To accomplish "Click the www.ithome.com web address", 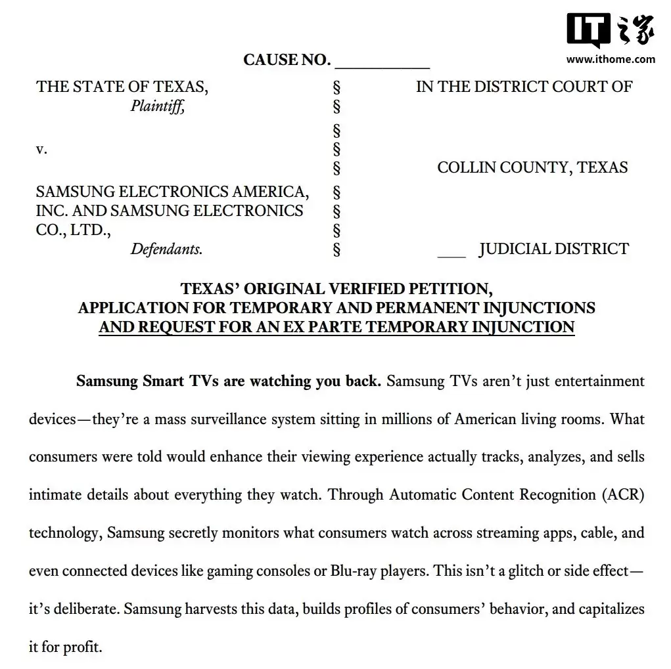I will pos(611,59).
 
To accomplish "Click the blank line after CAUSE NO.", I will pos(382,66).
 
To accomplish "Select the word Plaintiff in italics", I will pos(157,106).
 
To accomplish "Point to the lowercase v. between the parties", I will pos(41,149).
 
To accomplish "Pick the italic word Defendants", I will pos(166,249).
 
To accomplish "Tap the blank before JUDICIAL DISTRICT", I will pos(451,254).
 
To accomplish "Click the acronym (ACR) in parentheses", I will pos(623,494).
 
